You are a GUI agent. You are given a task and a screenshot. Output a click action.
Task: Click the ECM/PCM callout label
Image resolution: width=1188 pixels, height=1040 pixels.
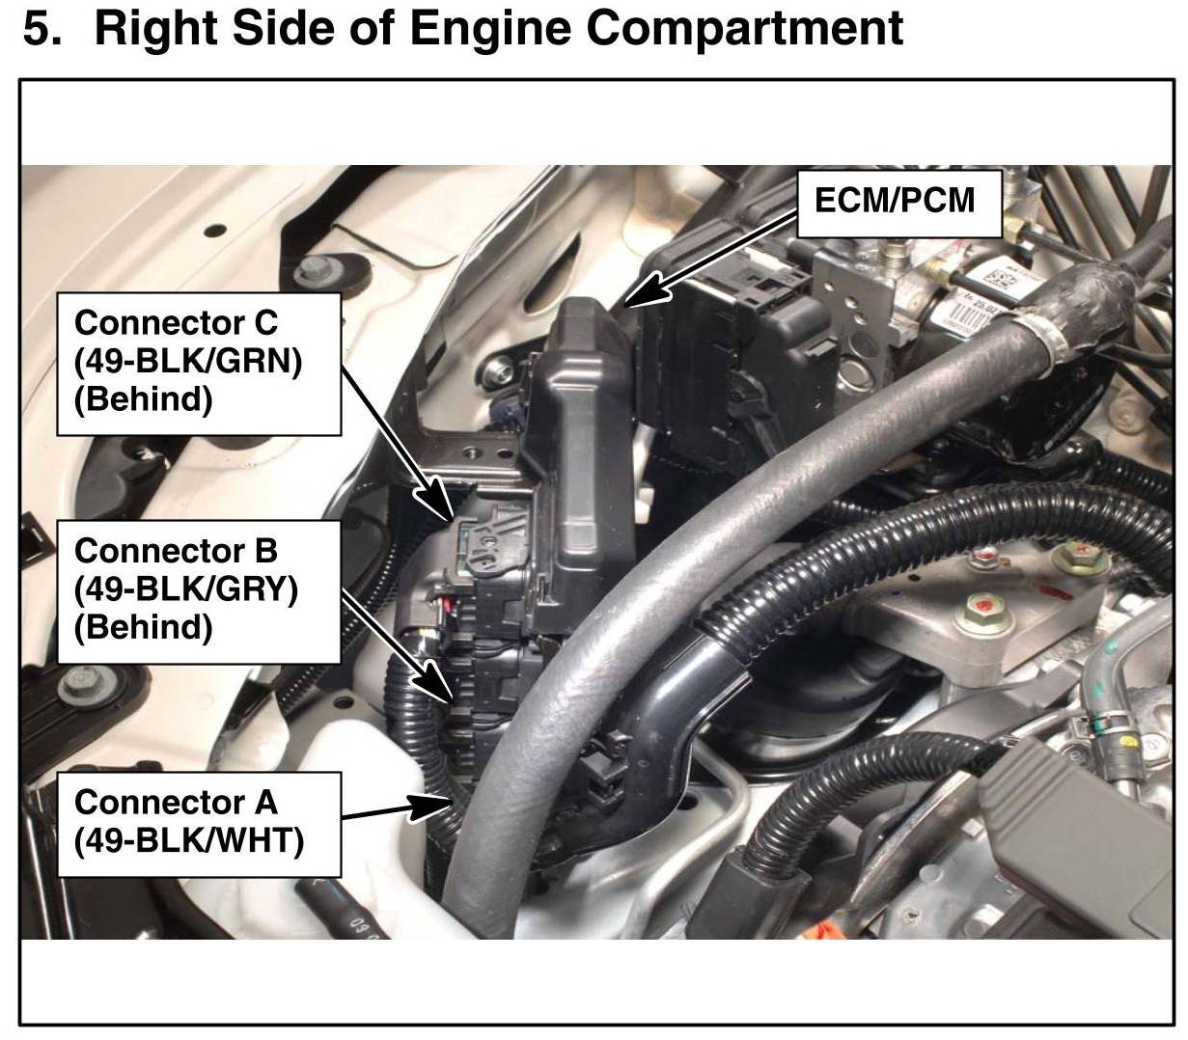click(898, 204)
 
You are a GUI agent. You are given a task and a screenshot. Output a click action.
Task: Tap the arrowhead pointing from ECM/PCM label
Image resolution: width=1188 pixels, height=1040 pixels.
click(646, 290)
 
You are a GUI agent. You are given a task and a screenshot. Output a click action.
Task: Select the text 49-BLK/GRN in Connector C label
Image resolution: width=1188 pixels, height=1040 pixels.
click(188, 362)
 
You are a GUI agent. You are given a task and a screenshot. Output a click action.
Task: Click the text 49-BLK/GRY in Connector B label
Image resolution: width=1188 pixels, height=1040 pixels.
click(186, 589)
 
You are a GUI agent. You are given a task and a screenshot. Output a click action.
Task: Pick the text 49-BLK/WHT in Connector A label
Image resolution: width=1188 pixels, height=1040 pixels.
click(189, 841)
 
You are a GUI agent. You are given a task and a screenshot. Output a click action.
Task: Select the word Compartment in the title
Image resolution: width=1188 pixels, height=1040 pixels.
click(745, 29)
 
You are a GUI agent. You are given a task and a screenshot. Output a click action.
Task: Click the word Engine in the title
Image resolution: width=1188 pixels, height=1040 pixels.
click(490, 30)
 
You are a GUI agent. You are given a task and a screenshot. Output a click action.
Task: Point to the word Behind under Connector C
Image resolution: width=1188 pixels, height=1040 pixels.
click(144, 400)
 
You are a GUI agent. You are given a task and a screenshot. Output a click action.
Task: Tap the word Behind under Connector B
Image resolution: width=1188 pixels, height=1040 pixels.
click(144, 628)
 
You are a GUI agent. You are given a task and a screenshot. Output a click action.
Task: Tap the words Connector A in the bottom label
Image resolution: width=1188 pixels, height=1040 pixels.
click(176, 803)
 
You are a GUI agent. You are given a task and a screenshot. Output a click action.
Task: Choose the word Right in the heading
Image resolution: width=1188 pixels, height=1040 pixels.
click(156, 30)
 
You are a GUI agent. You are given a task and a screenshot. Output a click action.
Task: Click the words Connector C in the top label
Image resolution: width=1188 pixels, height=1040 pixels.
click(176, 322)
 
